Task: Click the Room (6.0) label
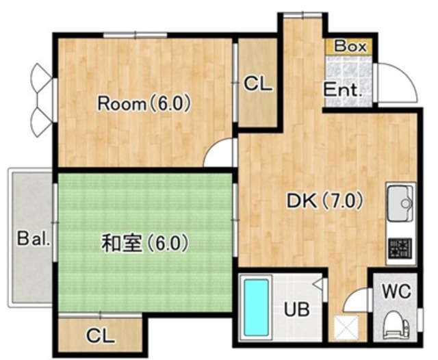143,104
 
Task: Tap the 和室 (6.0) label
144,242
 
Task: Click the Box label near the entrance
351,47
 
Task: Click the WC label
396,290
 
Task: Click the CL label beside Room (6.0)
258,84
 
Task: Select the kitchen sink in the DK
400,203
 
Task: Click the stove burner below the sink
399,250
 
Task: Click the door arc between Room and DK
221,155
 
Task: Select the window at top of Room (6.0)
141,35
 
